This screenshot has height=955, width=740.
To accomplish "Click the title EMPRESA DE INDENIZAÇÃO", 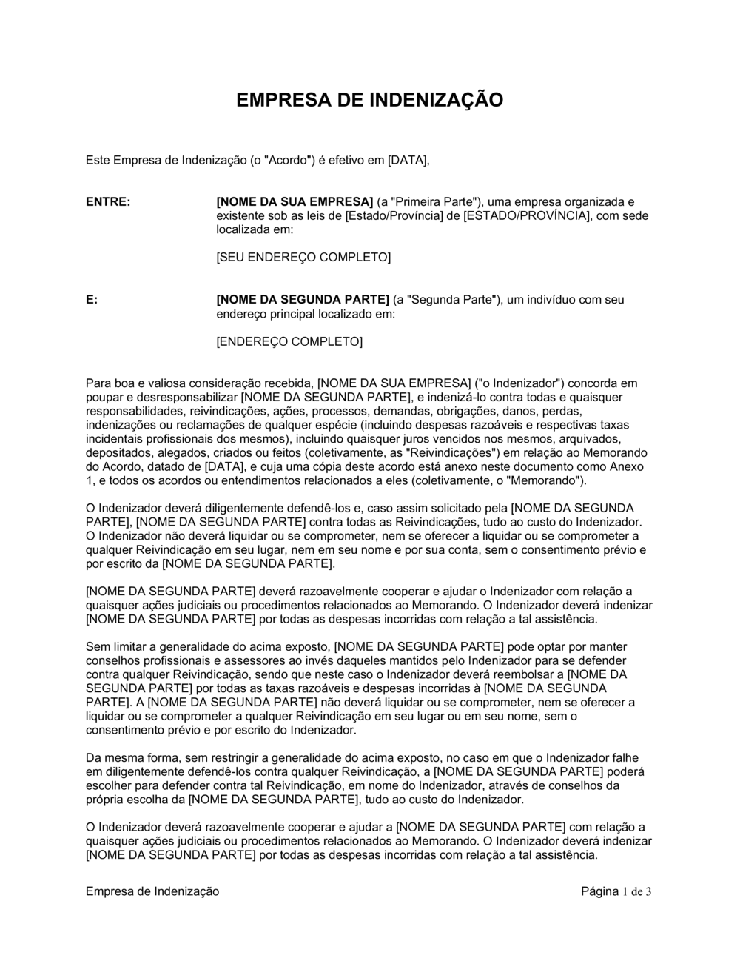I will [369, 100].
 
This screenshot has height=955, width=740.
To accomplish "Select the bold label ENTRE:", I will [108, 201].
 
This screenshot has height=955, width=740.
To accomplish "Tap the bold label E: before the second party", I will [92, 300].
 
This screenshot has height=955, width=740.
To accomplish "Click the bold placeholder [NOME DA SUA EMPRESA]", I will [295, 201].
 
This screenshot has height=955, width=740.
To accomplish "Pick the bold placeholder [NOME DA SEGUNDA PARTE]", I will [302, 300].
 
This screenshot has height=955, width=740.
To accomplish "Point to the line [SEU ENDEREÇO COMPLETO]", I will [303, 257].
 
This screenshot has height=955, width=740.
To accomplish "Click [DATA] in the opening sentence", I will [408, 160].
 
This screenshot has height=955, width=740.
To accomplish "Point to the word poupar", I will [104, 398].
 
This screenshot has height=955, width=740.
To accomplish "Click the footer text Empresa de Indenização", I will [152, 891].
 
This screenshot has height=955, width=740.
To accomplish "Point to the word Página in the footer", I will [599, 891].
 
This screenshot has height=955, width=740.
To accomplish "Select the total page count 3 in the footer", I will [648, 891].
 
